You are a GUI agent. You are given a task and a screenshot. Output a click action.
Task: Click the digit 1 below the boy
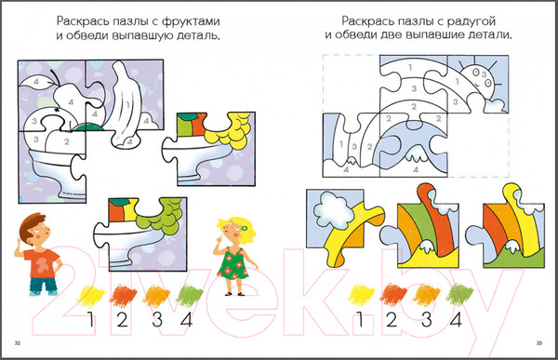click(89, 322)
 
